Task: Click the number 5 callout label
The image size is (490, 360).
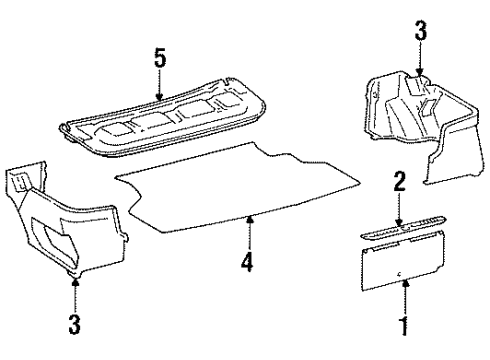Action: click(159, 57)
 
